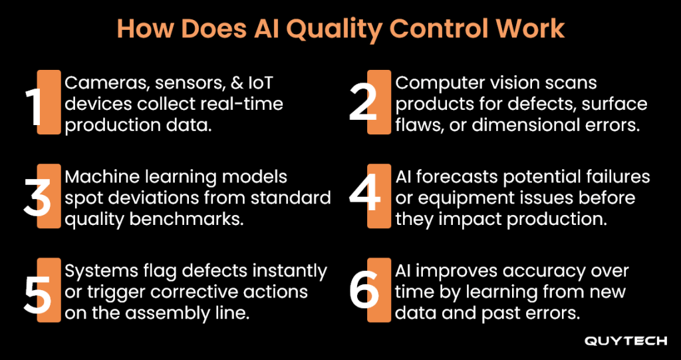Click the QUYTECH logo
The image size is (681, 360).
coord(625,341)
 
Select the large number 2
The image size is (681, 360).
coord(364,102)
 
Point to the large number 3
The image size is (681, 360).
coord(37,196)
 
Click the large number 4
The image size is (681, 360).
coord(365,196)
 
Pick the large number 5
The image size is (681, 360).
coord(37,290)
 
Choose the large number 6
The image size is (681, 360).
coord(365,290)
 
